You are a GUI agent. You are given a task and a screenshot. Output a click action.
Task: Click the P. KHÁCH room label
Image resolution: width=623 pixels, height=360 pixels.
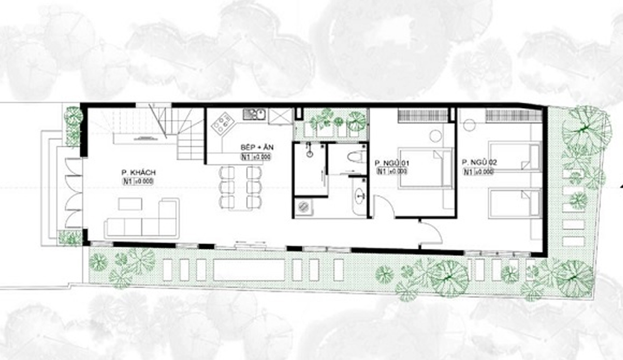pyautogui.click(x=139, y=172)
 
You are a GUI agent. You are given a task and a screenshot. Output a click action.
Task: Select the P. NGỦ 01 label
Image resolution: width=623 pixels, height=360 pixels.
pyautogui.click(x=392, y=164)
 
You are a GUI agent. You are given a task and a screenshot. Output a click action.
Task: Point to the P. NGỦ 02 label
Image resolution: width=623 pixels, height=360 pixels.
pyautogui.click(x=479, y=163)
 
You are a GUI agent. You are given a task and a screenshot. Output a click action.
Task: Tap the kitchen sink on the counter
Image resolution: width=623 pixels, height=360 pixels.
pyautogui.click(x=254, y=113)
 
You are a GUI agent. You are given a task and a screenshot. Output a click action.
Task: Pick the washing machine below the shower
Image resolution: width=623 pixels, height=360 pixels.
pyautogui.click(x=304, y=207)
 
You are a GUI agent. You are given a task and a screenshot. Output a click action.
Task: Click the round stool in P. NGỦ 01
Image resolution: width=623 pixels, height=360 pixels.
pyautogui.click(x=436, y=136)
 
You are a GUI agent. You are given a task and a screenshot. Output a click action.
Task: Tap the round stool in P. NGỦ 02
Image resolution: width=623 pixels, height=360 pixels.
pyautogui.click(x=470, y=125)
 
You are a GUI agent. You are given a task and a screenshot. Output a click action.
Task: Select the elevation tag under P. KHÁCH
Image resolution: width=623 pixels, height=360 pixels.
pyautogui.click(x=139, y=182)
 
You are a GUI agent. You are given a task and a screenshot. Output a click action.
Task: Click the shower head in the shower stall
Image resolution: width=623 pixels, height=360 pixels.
pyautogui.click(x=309, y=150)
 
